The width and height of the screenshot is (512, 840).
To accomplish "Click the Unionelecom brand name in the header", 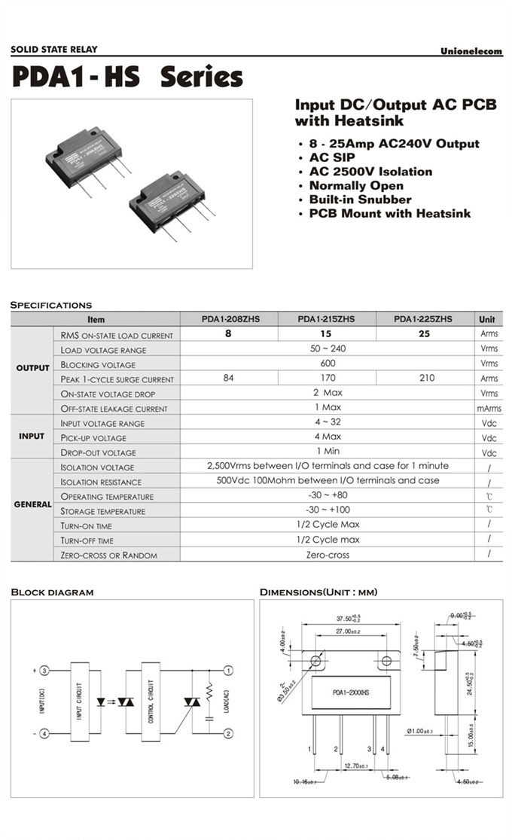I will coord(471,51).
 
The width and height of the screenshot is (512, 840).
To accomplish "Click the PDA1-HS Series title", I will coord(127,78).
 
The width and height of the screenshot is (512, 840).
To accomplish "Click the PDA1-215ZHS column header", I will coord(326,319).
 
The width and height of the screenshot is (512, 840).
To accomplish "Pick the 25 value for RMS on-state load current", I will coord(423,334).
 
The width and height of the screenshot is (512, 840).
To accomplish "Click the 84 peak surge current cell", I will coord(229,379).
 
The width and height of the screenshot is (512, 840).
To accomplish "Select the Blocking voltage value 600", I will coord(327,364).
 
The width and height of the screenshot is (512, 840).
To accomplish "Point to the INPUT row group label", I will coord(32,437).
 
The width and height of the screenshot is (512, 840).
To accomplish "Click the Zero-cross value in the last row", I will coord(327,555).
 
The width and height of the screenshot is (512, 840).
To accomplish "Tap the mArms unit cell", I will coord(489,408).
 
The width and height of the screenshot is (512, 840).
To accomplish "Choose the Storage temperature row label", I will coord(107,511).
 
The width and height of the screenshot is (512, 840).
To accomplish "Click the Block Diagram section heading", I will coord(52,592).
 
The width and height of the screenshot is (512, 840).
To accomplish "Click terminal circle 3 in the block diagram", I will coord(44,670).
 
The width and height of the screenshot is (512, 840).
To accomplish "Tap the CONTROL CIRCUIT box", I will coord(151,700).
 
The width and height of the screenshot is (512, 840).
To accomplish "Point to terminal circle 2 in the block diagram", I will coord(229,733).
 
